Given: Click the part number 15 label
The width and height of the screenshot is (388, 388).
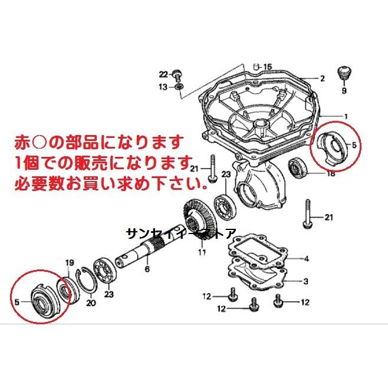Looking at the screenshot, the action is [268, 67].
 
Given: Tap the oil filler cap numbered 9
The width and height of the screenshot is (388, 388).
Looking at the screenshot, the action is [344, 73].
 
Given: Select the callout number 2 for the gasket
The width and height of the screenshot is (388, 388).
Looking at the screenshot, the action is [322, 78].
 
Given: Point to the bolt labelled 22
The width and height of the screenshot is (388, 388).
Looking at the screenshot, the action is [177, 74].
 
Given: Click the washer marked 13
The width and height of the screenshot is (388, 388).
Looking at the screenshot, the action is [179, 87].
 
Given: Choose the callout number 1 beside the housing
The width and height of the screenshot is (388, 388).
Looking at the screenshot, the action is [346, 116].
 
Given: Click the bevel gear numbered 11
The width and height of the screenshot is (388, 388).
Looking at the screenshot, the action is [199, 218].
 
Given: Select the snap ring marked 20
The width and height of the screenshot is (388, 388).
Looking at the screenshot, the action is [88, 281].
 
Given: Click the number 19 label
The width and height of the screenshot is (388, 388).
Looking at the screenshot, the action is [70, 263].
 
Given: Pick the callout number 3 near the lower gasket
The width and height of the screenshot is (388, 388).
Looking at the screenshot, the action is [306, 281].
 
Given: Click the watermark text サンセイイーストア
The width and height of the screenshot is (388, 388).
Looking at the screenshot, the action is [181, 234].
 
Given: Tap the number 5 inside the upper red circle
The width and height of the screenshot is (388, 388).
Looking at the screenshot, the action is [354, 145].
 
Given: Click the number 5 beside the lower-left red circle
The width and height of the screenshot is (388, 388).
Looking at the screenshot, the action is [17, 302].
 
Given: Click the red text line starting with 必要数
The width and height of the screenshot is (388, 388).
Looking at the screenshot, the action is [111, 183].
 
